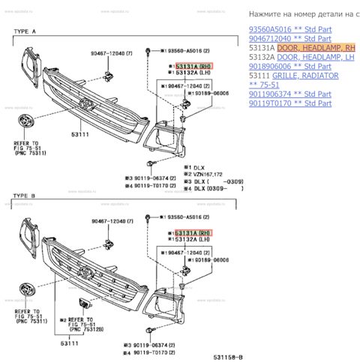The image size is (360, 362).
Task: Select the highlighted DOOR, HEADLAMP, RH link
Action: (x=316, y=47)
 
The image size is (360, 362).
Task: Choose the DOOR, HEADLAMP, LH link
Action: (x=315, y=57)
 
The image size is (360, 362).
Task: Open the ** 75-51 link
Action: (x=263, y=85)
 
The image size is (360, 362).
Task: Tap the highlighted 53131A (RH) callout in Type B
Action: (x=193, y=233)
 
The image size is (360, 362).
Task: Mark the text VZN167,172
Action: (x=212, y=173)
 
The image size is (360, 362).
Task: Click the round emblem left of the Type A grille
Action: (x=25, y=125)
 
